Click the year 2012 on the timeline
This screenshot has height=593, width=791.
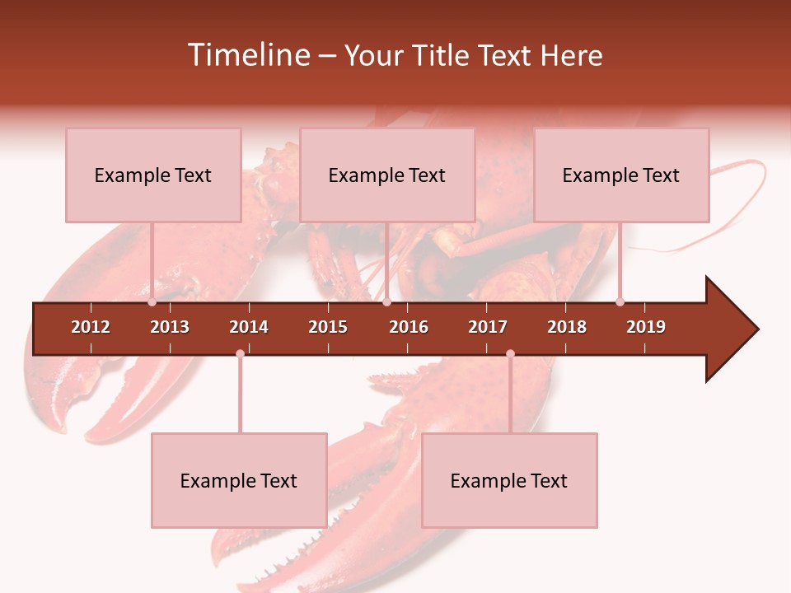[91, 327]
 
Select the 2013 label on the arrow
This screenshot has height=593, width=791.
[170, 327]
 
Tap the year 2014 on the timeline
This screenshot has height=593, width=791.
[249, 327]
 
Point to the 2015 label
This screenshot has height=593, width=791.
[328, 327]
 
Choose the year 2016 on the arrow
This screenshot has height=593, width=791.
[409, 327]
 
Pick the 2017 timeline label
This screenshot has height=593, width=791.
[488, 327]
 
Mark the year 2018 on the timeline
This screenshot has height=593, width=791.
[567, 327]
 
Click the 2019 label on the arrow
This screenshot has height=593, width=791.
[646, 327]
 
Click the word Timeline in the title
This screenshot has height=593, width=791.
[247, 55]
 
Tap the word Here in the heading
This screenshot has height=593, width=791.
[571, 55]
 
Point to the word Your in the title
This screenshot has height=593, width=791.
[371, 55]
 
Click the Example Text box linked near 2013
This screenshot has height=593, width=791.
[153, 175]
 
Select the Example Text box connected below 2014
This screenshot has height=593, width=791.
[239, 480]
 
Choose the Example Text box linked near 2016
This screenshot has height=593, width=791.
[387, 175]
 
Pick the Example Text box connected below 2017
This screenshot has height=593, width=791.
[509, 480]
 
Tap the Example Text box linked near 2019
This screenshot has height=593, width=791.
[621, 175]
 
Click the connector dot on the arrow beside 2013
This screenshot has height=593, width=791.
[152, 302]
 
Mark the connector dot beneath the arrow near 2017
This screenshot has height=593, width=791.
[510, 354]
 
